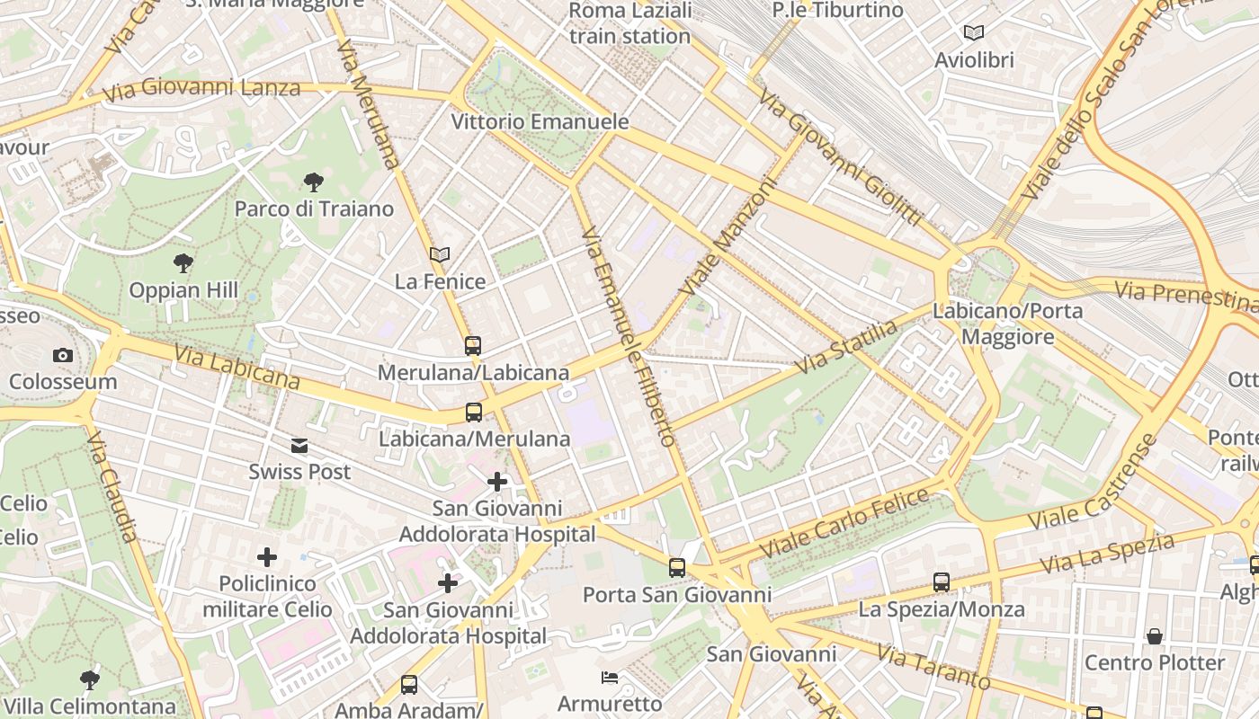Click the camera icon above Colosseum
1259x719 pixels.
62,355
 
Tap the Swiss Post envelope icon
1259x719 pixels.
299,446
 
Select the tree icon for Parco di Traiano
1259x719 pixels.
314,183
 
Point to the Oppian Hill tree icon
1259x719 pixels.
183,263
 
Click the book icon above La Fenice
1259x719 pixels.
440,255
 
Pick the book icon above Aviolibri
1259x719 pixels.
974,33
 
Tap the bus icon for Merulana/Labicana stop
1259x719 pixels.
473,345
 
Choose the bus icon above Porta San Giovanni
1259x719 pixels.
677,568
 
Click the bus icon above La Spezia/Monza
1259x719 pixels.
942,582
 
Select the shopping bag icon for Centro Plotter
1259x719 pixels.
1155,636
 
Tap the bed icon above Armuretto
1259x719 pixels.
610,677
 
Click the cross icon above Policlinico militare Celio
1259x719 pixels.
267,557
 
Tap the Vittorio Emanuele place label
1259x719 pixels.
540,121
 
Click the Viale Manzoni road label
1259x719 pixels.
728,236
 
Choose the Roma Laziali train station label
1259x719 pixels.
630,23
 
